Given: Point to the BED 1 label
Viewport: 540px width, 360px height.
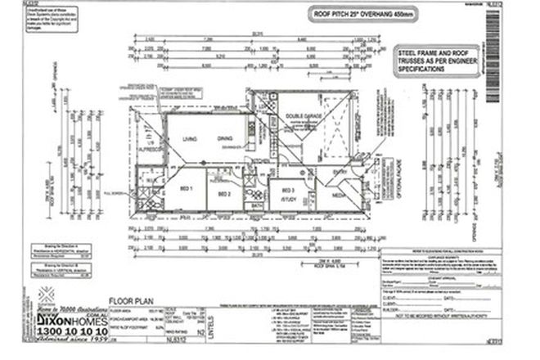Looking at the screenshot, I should pos(186,189).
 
